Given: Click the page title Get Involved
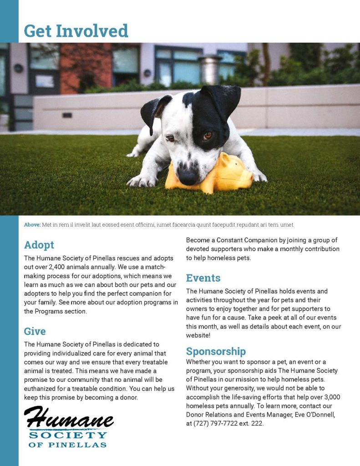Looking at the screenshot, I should [76, 31].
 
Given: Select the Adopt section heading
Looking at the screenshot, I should [39, 245].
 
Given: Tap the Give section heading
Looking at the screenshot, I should [35, 331].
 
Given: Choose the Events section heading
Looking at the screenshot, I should [203, 278].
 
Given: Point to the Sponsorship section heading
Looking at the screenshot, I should [216, 351].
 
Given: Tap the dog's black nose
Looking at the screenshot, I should [188, 174].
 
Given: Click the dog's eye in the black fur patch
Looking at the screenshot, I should [207, 135].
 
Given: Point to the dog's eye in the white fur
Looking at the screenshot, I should [170, 138].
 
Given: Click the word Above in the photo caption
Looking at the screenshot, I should [32, 225].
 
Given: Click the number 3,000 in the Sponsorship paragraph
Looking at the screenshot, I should [331, 397].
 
